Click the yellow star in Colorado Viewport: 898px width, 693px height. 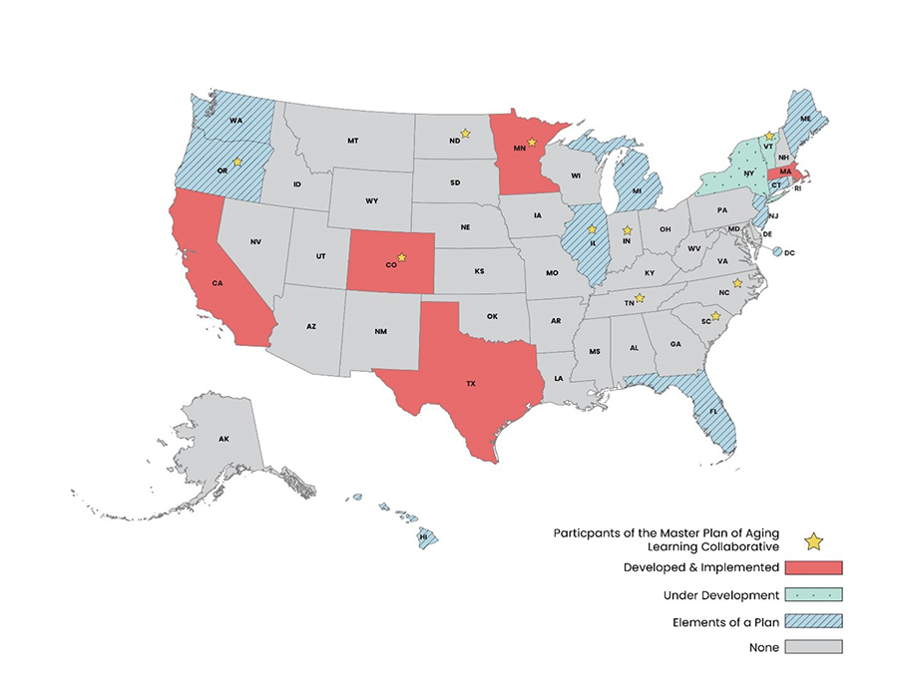point(402,257)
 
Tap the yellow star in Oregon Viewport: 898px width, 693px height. point(237,162)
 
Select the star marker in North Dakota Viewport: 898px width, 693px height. point(465,132)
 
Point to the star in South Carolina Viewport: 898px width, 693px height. point(715,316)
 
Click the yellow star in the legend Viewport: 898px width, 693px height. point(813,541)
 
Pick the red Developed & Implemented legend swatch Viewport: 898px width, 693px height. point(813,568)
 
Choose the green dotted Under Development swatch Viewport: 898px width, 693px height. point(813,595)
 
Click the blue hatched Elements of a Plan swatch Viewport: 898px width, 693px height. point(813,621)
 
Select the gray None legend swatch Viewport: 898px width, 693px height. point(813,647)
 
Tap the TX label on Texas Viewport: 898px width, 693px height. point(470,383)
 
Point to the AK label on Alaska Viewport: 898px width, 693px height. point(224,439)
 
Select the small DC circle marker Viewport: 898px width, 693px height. point(777,252)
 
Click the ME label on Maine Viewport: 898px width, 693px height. point(805,119)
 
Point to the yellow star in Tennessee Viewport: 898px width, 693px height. point(640,298)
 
